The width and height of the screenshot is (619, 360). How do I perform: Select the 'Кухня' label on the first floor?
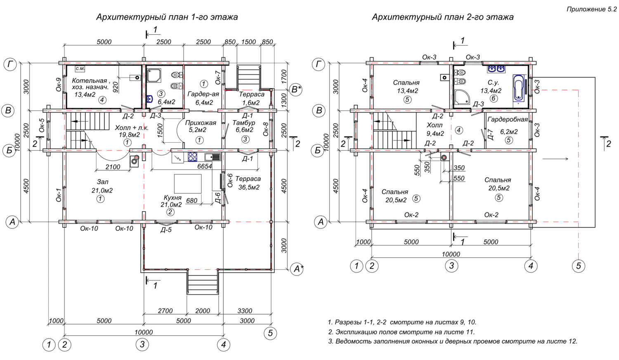pos(172,198)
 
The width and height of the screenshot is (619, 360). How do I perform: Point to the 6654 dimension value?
pos(205,166)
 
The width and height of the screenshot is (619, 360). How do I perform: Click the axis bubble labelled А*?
pos(297,268)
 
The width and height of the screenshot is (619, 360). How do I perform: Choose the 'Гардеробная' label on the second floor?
pos(508,120)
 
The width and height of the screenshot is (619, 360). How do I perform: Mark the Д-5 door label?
pos(166,230)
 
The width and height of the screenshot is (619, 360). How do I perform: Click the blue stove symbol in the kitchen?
pos(192,157)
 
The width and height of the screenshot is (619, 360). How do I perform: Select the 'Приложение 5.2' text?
pos(592,9)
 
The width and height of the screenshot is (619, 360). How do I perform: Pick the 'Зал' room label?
pos(102,182)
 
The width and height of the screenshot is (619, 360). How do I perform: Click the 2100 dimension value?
pos(113,167)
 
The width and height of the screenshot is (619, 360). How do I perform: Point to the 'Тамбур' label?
pos(244,122)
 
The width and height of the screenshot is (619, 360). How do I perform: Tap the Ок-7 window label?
pos(218,78)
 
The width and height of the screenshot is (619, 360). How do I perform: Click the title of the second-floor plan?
pos(443,17)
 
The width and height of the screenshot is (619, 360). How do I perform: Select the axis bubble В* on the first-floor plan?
pos(296,90)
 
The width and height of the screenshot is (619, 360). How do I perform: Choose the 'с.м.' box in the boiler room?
pos(80,68)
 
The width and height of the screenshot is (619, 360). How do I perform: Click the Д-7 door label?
pos(490,134)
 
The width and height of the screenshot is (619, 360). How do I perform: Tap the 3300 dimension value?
pos(245,311)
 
